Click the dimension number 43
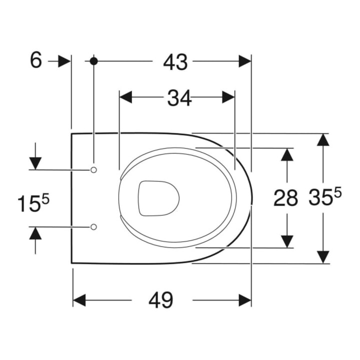click(x=175, y=62)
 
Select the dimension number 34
click(x=179, y=98)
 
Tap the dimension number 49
click(x=160, y=300)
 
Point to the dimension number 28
click(x=285, y=197)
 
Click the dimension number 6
click(x=36, y=60)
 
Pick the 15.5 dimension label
click(x=33, y=202)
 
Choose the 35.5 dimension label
click(x=325, y=196)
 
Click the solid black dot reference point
click(x=93, y=61)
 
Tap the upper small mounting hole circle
click(x=93, y=170)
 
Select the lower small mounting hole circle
click(x=93, y=227)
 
